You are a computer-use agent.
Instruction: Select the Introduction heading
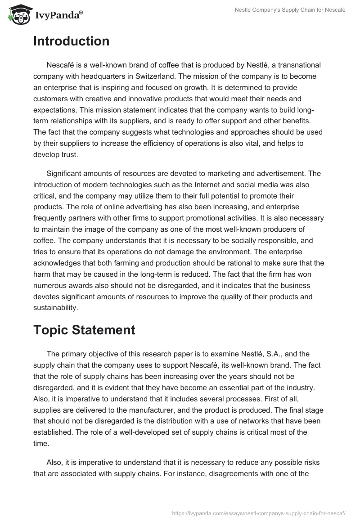71,41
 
